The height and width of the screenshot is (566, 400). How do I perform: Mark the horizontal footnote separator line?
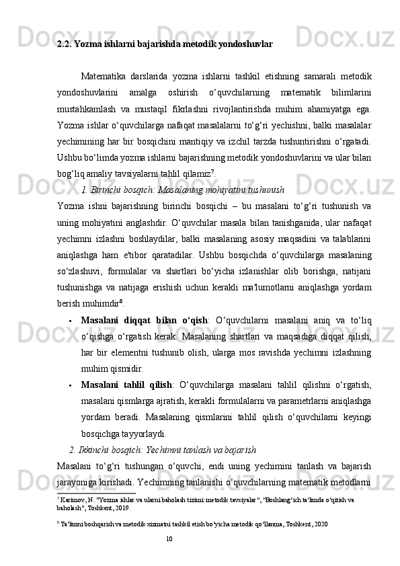point(97,493)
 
